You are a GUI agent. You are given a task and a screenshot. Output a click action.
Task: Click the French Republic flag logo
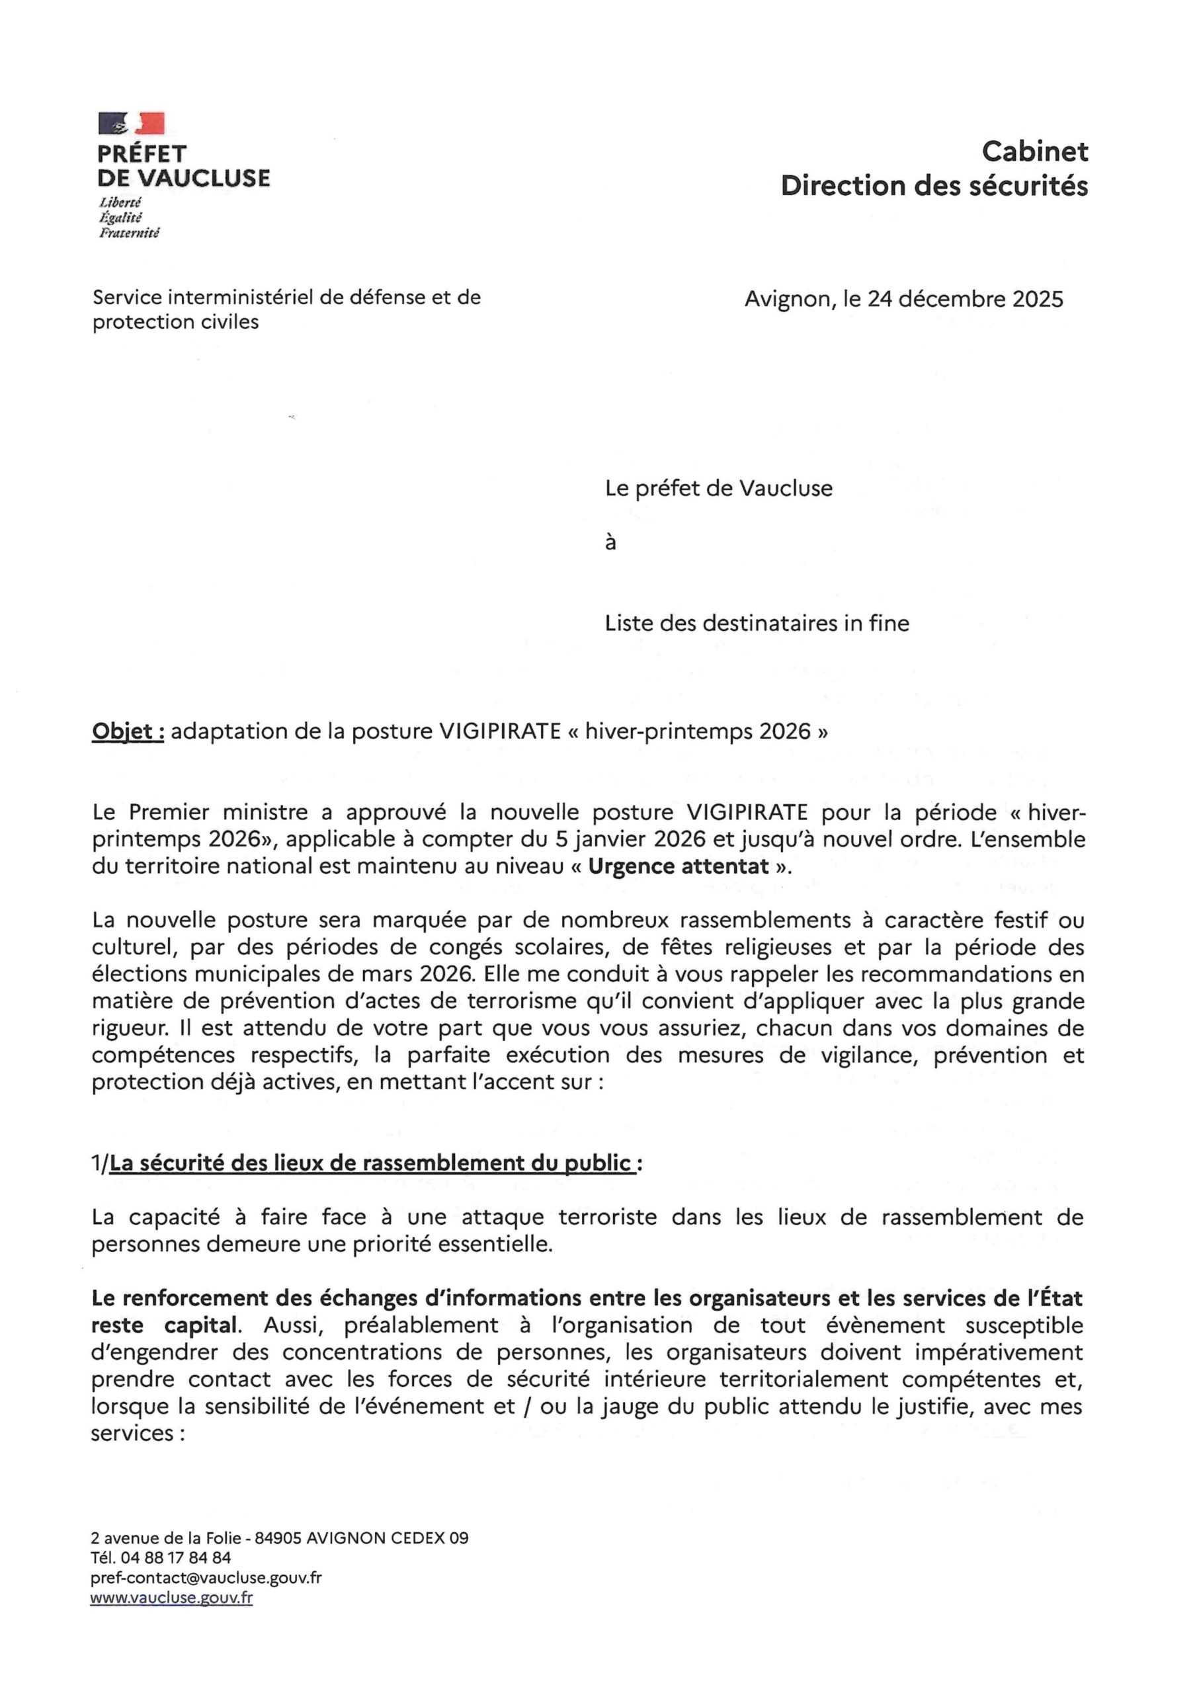[132, 123]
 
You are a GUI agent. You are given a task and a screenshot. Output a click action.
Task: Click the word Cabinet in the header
[1034, 152]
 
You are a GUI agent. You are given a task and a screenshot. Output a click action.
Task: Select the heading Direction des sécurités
[934, 186]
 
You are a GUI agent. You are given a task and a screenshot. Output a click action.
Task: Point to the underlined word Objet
[128, 731]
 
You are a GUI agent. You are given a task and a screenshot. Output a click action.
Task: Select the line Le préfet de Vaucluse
[718, 489]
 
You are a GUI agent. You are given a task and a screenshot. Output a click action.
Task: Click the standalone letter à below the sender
[610, 544]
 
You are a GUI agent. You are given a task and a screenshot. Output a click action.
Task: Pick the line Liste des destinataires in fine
[757, 624]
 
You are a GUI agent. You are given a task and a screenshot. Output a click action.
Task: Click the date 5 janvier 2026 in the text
[635, 839]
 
